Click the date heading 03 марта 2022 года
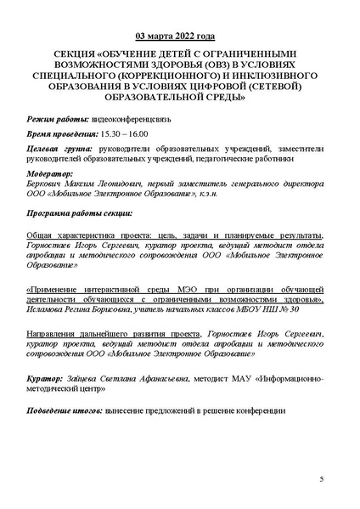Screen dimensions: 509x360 pyautogui.click(x=179, y=37)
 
